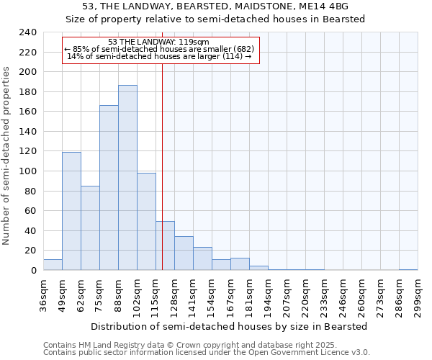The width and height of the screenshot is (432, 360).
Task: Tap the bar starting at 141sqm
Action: coord(202,258)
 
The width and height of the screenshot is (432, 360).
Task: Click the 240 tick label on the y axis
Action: coord(27,32)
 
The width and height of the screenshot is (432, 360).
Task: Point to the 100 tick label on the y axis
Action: coord(27,171)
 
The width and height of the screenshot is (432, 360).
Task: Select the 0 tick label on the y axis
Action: coord(33,271)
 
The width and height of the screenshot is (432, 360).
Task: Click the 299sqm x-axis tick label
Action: coord(418,296)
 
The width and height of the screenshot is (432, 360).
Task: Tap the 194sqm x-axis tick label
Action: coord(268,296)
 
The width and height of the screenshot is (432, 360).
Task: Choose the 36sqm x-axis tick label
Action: coord(43,296)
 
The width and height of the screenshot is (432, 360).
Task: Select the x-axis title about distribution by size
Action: coord(230,326)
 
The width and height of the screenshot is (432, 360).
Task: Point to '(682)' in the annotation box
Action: coord(240,49)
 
